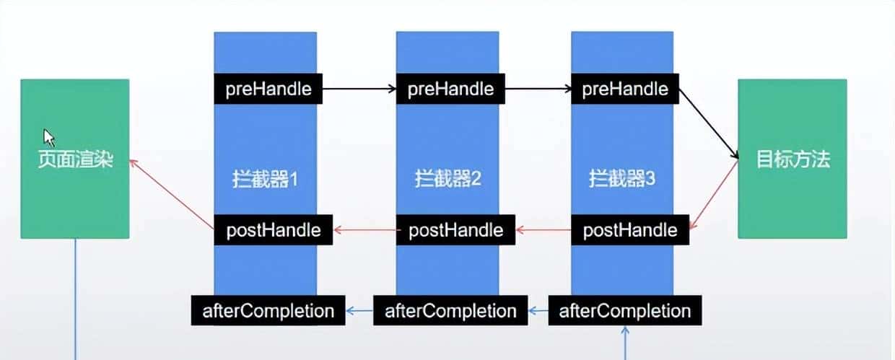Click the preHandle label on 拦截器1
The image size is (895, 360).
pyautogui.click(x=268, y=89)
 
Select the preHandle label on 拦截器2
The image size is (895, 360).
pyautogui.click(x=450, y=89)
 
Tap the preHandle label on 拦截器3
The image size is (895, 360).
pyautogui.click(x=625, y=89)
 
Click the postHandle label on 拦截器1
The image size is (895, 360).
pyautogui.click(x=273, y=230)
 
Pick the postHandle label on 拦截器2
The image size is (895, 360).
pyautogui.click(x=455, y=230)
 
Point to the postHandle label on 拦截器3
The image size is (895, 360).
pyautogui.click(x=629, y=230)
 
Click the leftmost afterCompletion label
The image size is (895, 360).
pyautogui.click(x=268, y=311)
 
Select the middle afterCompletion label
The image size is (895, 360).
pyautogui.click(x=450, y=311)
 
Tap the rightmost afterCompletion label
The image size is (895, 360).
pyautogui.click(x=625, y=311)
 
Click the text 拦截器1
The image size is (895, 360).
pyautogui.click(x=266, y=178)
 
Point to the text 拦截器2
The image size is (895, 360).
pyautogui.click(x=447, y=178)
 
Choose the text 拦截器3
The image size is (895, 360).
pyautogui.click(x=621, y=178)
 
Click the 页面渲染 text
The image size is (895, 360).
pyautogui.click(x=76, y=159)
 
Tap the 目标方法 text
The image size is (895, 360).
pyautogui.click(x=793, y=159)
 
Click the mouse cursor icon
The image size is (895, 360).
pyautogui.click(x=49, y=137)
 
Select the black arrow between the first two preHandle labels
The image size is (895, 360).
pyautogui.click(x=359, y=89)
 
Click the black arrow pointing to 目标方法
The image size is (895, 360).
pyautogui.click(x=710, y=123)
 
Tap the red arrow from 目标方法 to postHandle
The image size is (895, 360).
pyautogui.click(x=713, y=195)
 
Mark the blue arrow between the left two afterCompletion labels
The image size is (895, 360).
pyautogui.click(x=359, y=311)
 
